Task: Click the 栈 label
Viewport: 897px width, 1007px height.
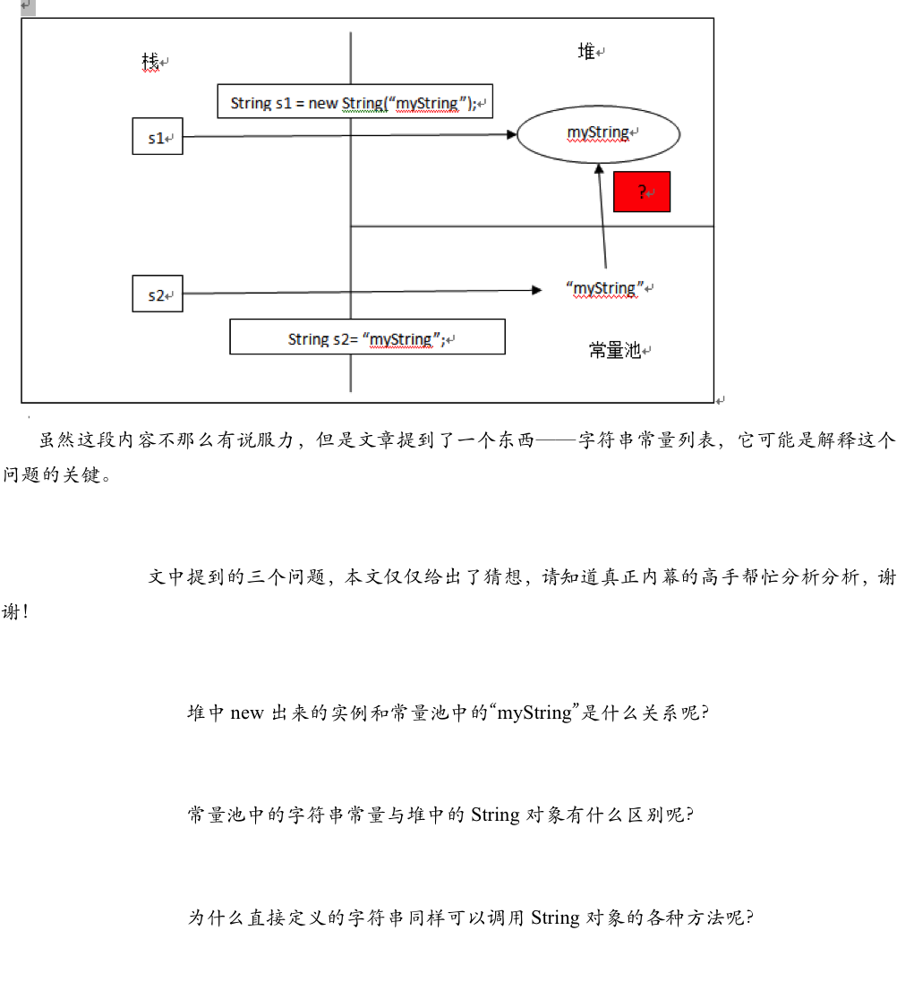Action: click(150, 62)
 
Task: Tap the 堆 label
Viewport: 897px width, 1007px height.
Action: click(586, 52)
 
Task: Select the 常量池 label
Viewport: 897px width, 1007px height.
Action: click(615, 350)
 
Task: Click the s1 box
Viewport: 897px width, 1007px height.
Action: click(158, 136)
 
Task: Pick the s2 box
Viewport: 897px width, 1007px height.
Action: click(158, 294)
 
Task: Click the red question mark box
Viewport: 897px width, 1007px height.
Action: click(642, 192)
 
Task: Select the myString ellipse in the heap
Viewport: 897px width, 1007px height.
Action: click(598, 134)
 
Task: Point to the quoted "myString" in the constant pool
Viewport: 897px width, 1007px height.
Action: click(605, 288)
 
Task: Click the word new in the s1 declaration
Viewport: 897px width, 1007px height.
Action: click(323, 103)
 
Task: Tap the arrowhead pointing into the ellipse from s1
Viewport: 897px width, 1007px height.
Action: click(512, 135)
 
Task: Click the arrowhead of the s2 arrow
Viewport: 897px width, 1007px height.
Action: click(537, 290)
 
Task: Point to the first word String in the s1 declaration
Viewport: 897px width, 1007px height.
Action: click(251, 103)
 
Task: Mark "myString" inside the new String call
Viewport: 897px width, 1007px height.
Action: click(428, 103)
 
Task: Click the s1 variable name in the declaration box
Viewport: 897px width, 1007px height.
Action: click(284, 103)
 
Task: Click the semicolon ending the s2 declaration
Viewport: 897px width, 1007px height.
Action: click(442, 339)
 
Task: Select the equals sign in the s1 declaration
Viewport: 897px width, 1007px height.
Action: click(300, 103)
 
